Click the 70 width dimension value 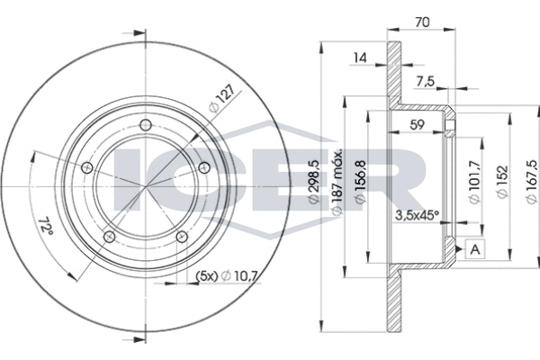click(422, 22)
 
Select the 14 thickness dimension click(360, 58)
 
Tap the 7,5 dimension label click(426, 82)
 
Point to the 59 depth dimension click(417, 125)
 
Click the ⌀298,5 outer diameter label click(314, 182)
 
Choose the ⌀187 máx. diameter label click(336, 183)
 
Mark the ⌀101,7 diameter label click(475, 182)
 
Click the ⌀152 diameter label click(502, 182)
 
